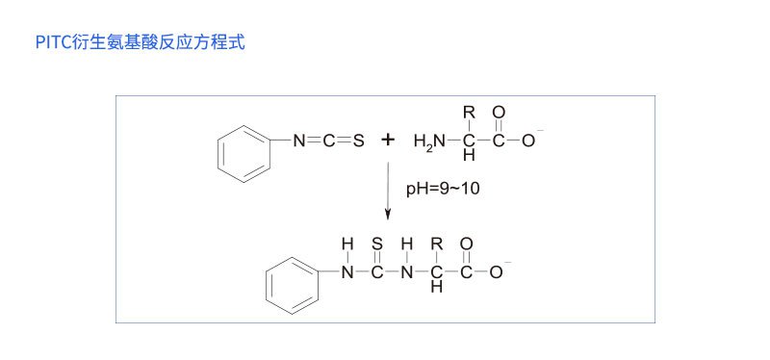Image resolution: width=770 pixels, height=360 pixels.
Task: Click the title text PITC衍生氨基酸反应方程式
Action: [139, 42]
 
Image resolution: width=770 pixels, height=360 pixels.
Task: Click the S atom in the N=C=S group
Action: [358, 141]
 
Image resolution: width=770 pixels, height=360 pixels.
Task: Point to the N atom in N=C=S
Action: [299, 141]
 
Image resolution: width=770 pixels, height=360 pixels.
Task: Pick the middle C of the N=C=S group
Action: [328, 141]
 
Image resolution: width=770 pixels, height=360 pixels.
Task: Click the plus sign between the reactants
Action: [388, 141]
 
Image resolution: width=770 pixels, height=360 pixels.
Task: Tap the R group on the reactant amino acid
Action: [470, 113]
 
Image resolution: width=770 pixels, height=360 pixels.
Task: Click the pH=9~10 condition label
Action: [442, 189]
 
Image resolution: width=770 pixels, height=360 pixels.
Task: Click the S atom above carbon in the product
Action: [377, 244]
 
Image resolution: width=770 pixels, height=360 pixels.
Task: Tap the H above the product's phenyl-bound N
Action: [347, 244]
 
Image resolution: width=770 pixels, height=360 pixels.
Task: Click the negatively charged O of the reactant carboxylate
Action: [528, 141]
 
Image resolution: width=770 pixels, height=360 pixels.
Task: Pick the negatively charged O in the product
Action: [496, 272]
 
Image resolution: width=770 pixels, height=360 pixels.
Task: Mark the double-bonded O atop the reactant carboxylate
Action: [499, 113]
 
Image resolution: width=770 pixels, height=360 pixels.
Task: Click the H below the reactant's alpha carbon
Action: [470, 155]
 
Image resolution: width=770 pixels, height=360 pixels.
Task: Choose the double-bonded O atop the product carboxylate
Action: [466, 244]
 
